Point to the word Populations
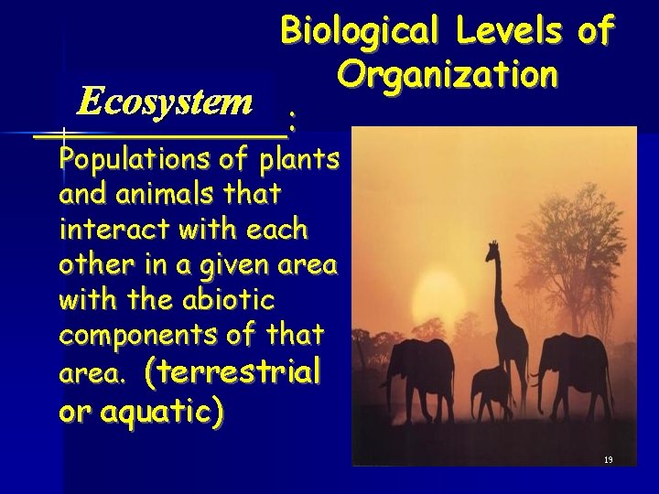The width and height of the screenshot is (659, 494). [x=132, y=160]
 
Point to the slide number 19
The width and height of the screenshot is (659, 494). [x=608, y=459]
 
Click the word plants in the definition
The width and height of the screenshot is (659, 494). [x=299, y=160]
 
